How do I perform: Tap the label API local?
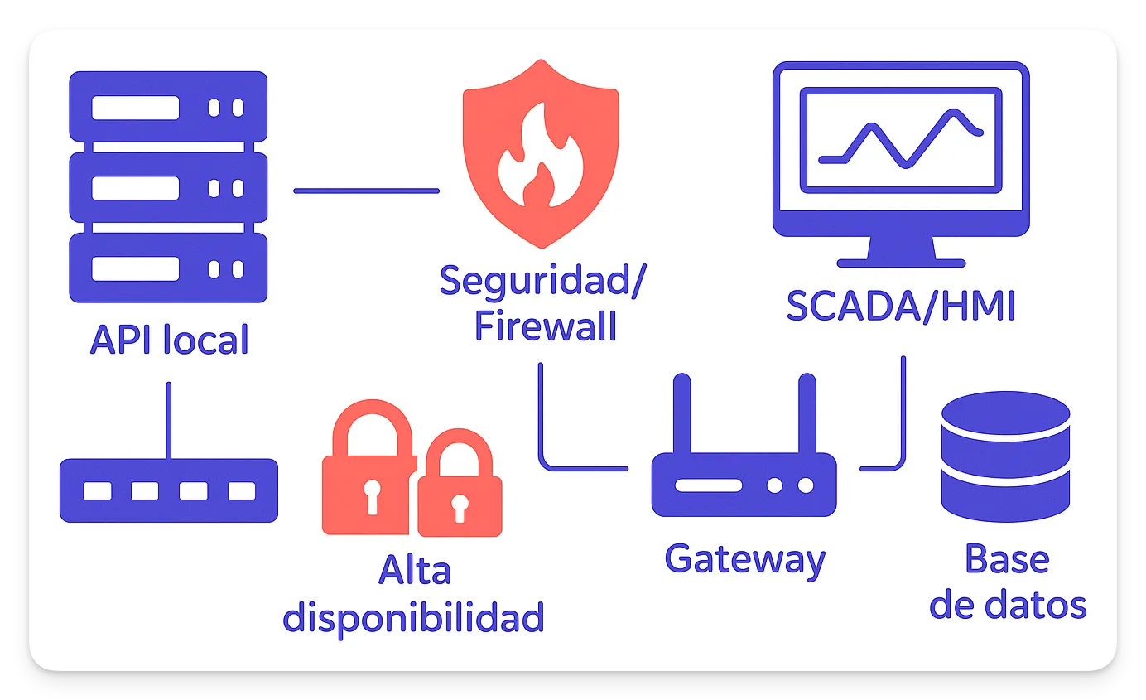[169, 340]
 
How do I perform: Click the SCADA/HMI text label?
[900, 307]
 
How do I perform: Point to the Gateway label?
[744, 560]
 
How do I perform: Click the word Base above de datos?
[1007, 560]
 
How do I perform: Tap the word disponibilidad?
[413, 616]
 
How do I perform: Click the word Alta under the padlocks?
[414, 571]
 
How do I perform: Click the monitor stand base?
[901, 263]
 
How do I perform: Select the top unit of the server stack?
[168, 107]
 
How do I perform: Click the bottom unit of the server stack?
[168, 268]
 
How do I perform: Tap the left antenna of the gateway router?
[681, 414]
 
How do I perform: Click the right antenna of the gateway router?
[807, 414]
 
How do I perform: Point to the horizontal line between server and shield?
[366, 191]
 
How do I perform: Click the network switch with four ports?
[169, 490]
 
